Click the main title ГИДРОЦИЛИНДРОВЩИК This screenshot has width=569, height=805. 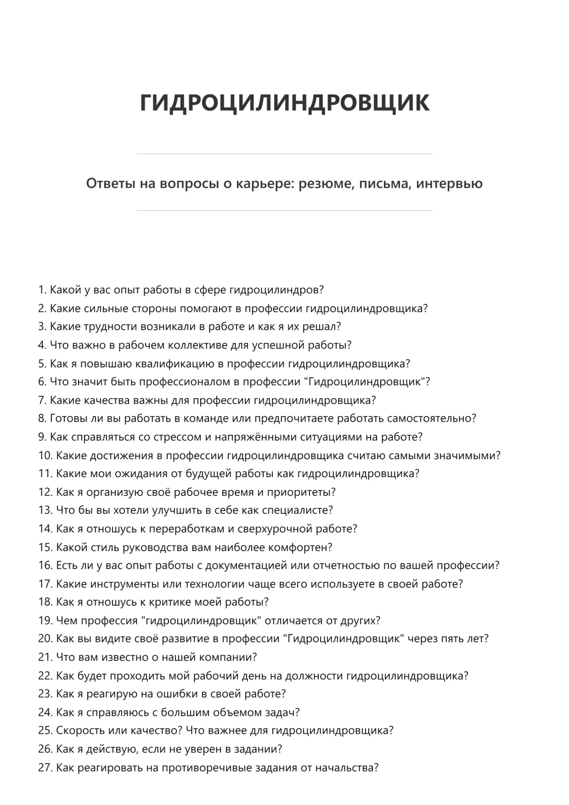point(284,102)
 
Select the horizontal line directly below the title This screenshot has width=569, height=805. point(284,154)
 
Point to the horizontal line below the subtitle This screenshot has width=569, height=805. point(284,211)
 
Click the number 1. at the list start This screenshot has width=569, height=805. point(43,290)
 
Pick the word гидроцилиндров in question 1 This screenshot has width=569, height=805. point(276,290)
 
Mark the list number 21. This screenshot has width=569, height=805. point(45,657)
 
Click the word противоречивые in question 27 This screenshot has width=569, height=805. point(206,767)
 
